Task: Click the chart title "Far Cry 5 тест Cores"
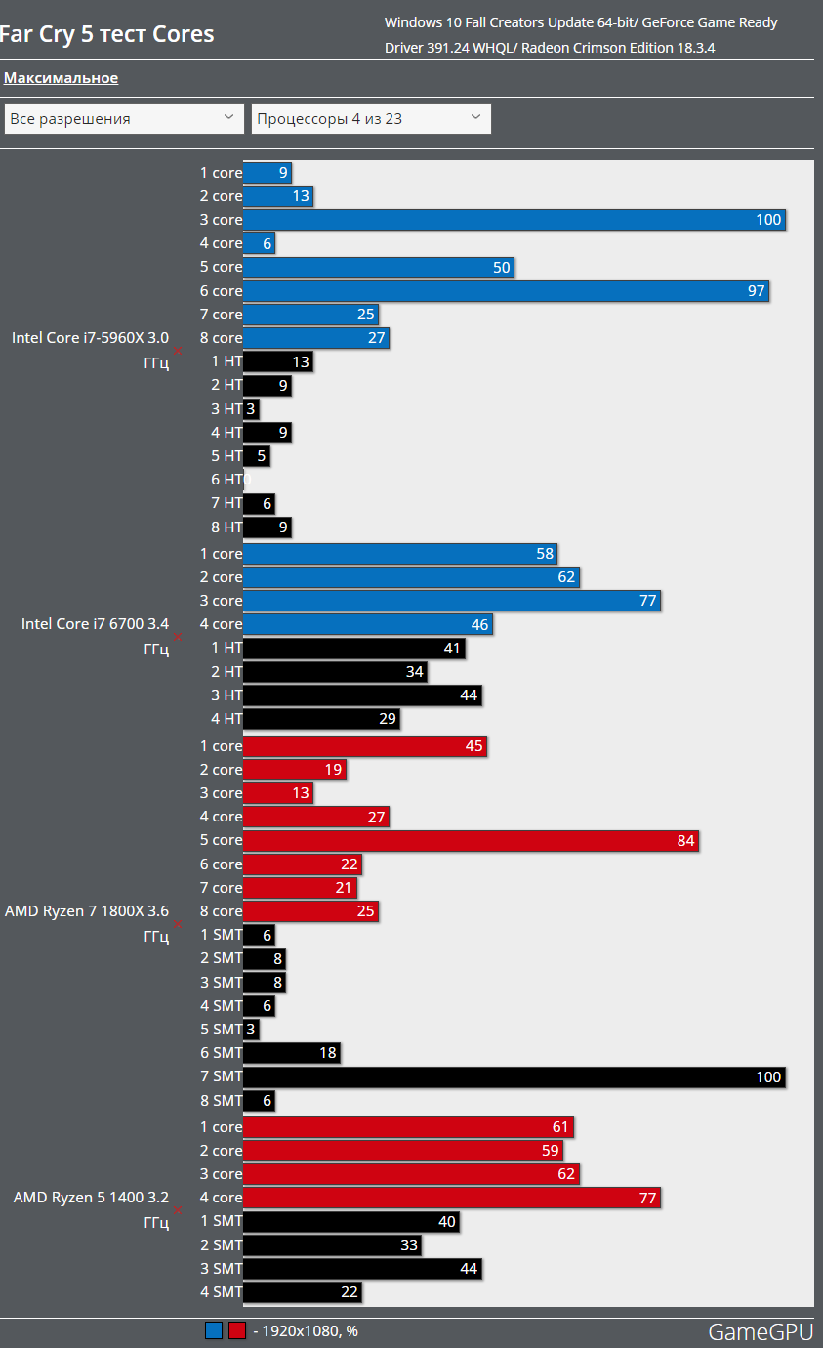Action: (107, 35)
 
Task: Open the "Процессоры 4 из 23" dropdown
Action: (371, 119)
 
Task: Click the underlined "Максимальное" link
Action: (62, 78)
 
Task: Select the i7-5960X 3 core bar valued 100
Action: (514, 220)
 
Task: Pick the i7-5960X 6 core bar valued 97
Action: (506, 291)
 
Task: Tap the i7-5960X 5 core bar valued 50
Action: (378, 268)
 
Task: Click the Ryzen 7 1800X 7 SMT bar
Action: (514, 1076)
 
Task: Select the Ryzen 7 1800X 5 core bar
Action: (471, 841)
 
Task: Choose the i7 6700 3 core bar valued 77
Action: (452, 601)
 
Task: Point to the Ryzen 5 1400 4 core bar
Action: (452, 1198)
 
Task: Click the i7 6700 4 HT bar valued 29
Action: (321, 719)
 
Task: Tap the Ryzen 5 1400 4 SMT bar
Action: (303, 1292)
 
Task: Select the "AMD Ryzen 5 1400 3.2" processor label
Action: (91, 1198)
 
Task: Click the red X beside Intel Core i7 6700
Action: (178, 636)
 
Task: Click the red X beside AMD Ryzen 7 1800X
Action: (178, 923)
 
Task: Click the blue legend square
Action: (214, 1330)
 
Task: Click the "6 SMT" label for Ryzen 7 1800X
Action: (221, 1053)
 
